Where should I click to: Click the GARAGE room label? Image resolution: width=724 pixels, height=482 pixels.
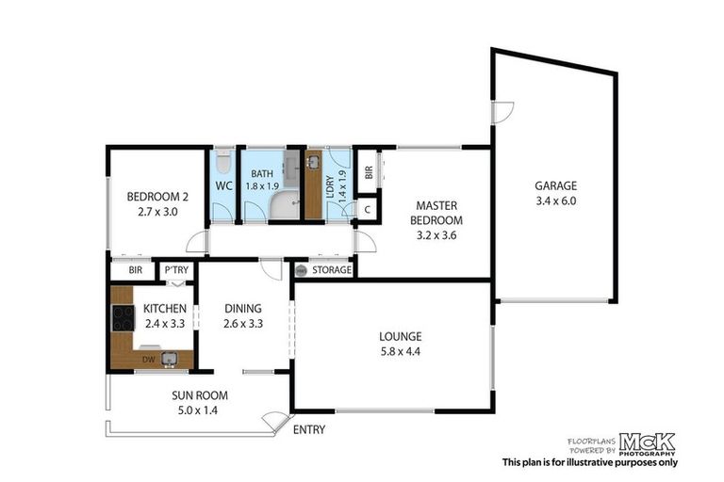[555, 185]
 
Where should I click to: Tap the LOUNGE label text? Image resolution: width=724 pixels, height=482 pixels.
[400, 336]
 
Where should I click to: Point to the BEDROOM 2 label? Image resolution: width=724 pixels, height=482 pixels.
[157, 198]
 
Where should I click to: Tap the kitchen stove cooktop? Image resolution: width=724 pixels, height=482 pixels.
[123, 318]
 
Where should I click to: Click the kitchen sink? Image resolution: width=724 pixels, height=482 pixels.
[169, 358]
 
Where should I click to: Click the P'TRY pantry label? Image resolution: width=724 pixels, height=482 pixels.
[175, 271]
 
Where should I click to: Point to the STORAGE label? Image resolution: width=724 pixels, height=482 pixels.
[331, 271]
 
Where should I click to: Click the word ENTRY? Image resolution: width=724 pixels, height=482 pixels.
[310, 430]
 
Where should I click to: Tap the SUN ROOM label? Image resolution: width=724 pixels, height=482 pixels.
[199, 395]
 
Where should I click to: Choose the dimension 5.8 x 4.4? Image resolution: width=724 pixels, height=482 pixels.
[400, 353]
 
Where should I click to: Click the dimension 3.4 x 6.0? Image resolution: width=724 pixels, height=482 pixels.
[555, 201]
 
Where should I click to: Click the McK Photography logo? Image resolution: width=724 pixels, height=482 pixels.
[648, 442]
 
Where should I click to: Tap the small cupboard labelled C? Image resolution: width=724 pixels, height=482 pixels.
[367, 210]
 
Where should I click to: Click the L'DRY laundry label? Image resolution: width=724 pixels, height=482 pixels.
[342, 175]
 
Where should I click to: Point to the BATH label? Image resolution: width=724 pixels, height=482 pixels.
[260, 172]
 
